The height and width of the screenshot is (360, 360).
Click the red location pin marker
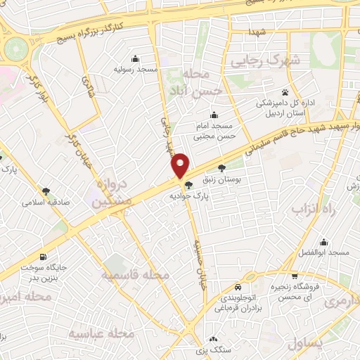coord(181,164)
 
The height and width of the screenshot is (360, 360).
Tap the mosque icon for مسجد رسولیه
coord(135,59)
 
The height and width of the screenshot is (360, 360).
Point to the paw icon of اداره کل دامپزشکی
coord(285,92)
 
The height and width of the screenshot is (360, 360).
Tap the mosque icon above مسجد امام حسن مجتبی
coord(214,115)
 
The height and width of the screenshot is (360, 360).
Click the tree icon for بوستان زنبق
coord(222,168)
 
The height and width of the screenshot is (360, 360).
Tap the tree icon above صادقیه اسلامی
coord(46,191)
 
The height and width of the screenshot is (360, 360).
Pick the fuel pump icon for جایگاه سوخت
coord(45,257)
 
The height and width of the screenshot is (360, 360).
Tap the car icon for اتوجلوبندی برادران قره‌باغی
coord(238,287)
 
